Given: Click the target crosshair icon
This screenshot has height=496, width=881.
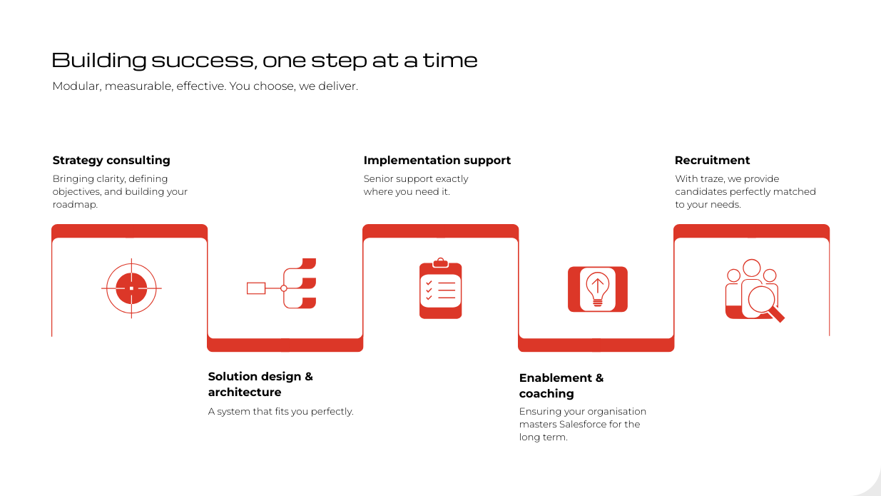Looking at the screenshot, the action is tap(131, 288).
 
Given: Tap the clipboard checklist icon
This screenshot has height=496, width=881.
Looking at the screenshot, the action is tap(441, 288).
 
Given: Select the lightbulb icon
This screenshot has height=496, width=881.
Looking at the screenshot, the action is tap(597, 289).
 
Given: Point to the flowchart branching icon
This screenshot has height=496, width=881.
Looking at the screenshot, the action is tap(282, 283).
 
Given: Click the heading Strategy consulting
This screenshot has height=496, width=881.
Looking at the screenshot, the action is tap(111, 160).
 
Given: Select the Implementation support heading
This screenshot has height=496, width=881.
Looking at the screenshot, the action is tap(437, 160).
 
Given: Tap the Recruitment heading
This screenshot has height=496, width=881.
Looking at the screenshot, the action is tap(712, 160).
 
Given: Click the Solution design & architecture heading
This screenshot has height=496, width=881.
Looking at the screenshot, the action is tap(260, 384).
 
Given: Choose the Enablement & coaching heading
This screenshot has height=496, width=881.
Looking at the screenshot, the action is tap(561, 385).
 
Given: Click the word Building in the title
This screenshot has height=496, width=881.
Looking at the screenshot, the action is tap(99, 60).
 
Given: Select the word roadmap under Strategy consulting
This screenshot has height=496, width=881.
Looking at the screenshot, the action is tap(75, 205).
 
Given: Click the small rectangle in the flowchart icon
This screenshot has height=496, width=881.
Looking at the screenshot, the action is tap(256, 288).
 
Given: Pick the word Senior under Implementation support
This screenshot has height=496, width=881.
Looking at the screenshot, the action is tap(378, 179).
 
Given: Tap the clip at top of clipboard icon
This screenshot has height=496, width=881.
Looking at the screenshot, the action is tap(441, 263).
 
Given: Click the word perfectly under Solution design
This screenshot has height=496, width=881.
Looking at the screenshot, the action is tap(332, 412).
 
